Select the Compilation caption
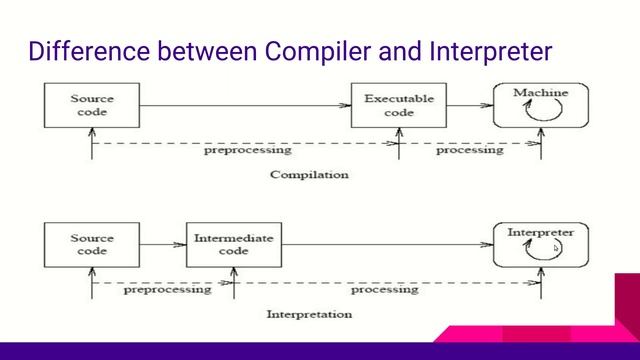(310, 174)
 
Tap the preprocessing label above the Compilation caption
(247, 151)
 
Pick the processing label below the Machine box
(469, 151)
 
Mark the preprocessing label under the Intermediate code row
(167, 291)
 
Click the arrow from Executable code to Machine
(469, 104)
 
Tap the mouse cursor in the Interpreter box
(557, 249)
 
